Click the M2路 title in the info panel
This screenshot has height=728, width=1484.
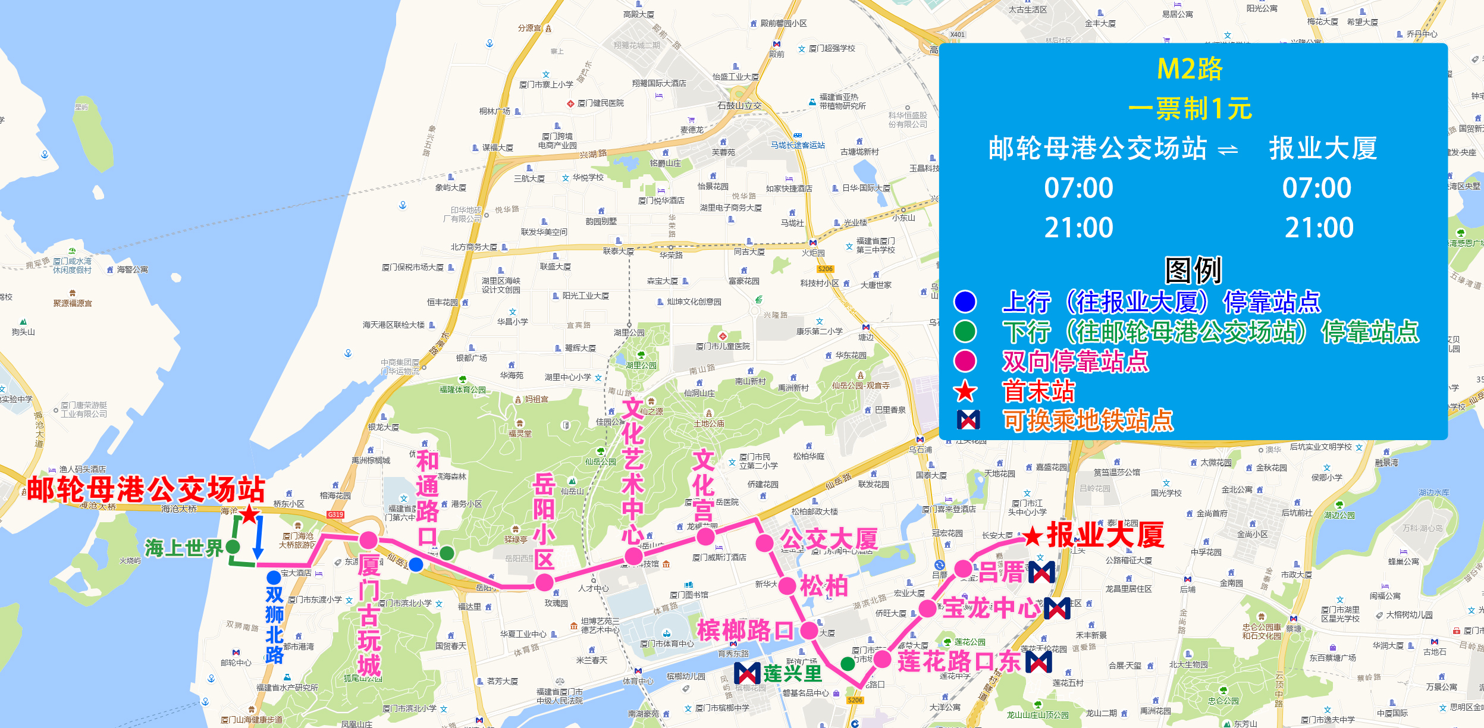(1190, 69)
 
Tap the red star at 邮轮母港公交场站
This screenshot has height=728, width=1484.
(249, 514)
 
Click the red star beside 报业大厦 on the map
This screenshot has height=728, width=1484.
(1032, 536)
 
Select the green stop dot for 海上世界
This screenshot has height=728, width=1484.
(233, 547)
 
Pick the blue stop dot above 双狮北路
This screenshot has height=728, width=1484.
(274, 578)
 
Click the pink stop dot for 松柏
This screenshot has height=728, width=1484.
(787, 586)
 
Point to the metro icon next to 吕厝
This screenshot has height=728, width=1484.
(1041, 573)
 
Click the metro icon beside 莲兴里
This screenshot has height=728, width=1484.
(747, 673)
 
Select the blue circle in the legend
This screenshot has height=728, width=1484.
(965, 302)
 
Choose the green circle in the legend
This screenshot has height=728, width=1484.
(965, 331)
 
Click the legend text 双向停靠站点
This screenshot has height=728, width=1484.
(1075, 361)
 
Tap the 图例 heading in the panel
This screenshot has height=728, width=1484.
(1193, 271)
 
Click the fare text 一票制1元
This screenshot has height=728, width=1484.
(1190, 109)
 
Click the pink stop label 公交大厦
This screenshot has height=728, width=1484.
(829, 539)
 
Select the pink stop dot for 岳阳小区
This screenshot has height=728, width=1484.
(544, 583)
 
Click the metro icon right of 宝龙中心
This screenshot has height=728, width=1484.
(1057, 608)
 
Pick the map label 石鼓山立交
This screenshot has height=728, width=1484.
(739, 106)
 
